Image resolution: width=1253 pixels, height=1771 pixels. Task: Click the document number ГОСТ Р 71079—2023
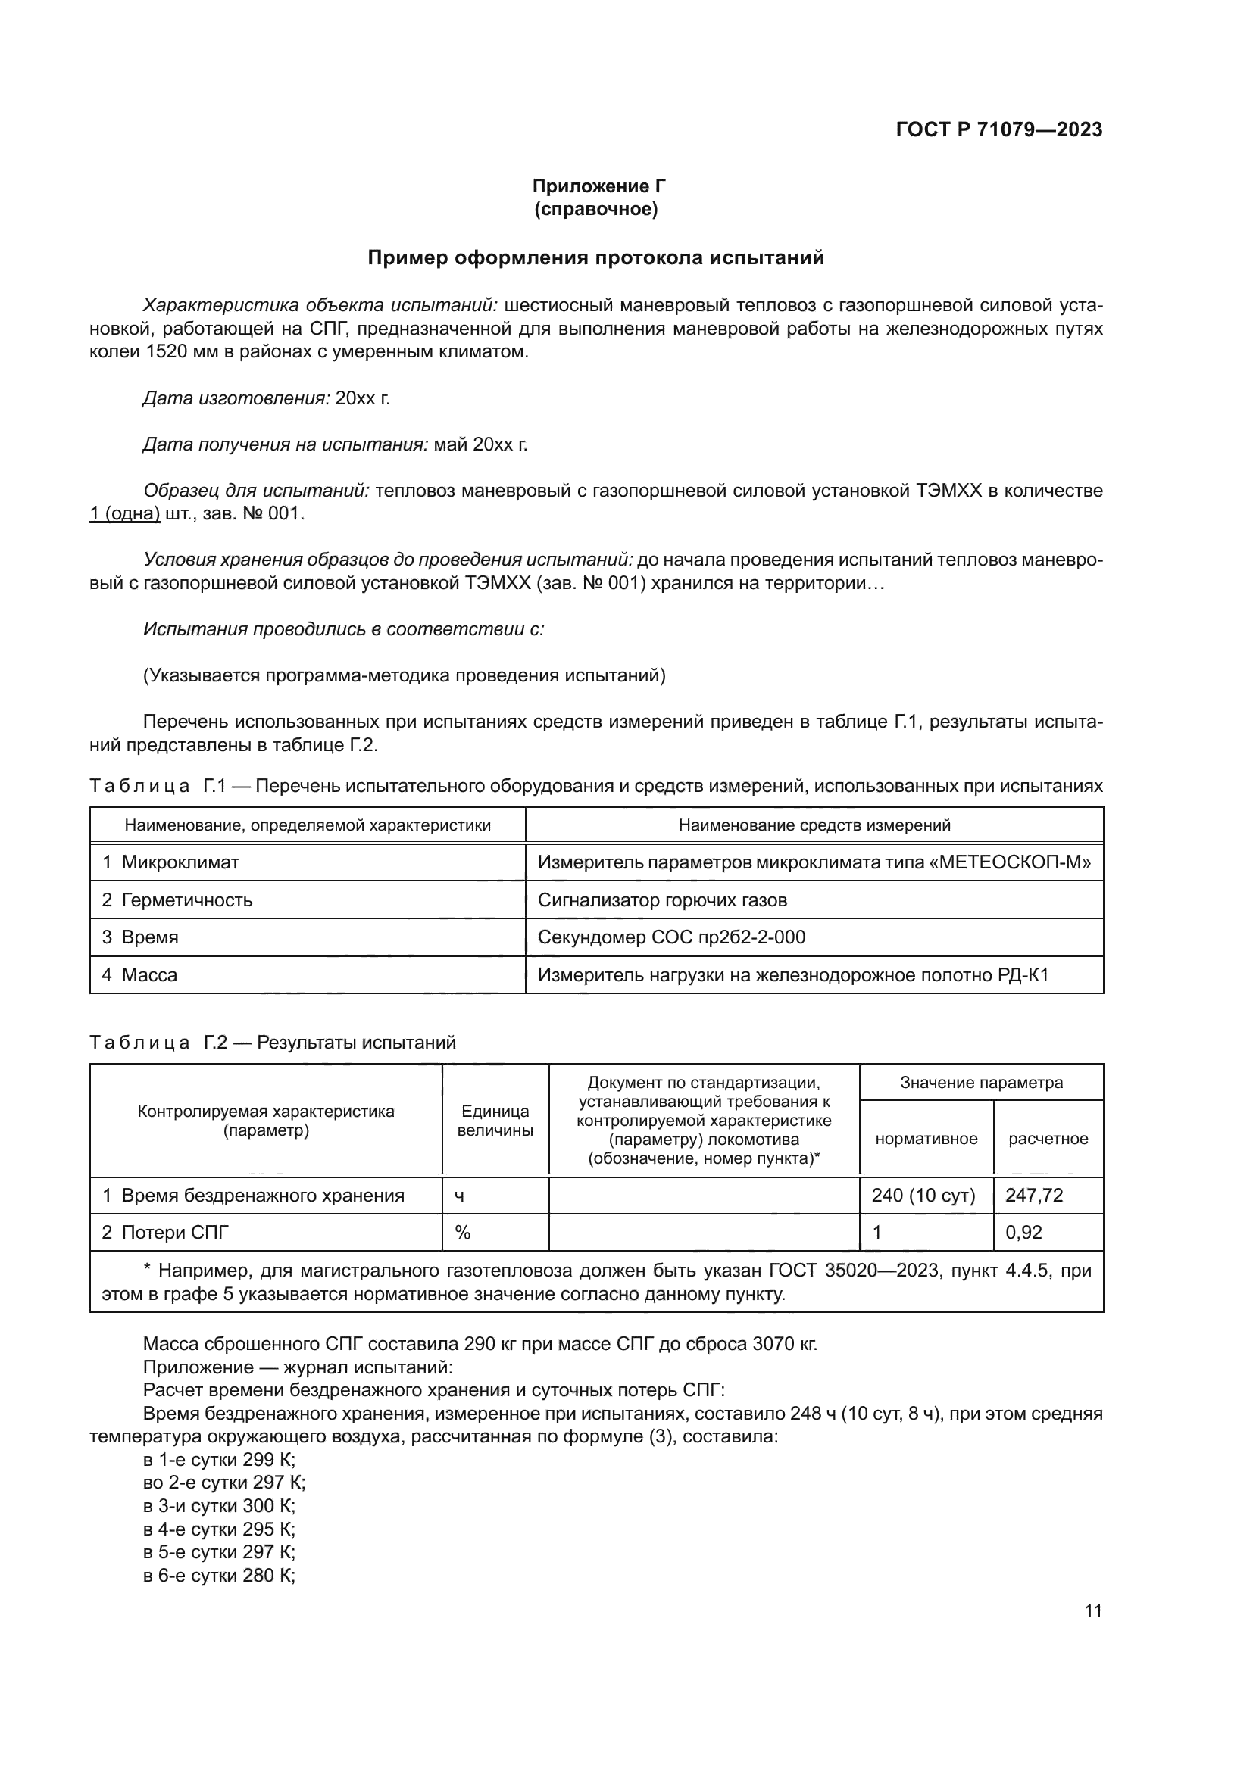click(998, 129)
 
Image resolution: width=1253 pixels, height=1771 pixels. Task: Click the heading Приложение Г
click(598, 186)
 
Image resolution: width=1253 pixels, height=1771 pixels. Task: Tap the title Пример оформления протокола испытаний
click(595, 257)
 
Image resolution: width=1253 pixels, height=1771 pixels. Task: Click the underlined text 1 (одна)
click(125, 513)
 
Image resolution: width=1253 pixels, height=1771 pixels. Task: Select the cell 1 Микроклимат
click(170, 862)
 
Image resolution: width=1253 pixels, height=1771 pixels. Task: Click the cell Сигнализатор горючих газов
click(662, 900)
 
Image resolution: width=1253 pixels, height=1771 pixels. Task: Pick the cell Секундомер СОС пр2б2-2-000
click(671, 937)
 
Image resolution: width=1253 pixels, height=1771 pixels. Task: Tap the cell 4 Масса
click(139, 975)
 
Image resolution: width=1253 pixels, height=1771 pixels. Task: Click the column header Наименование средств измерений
click(814, 825)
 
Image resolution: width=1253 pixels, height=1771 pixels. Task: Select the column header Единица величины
click(495, 1121)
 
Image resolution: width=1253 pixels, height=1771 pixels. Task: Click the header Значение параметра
click(980, 1082)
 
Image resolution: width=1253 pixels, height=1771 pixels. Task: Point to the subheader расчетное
click(1048, 1139)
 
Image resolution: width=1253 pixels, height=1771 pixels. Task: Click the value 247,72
click(1034, 1196)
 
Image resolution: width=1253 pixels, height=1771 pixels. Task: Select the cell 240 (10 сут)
click(923, 1196)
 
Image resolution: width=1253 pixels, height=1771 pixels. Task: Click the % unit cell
click(463, 1233)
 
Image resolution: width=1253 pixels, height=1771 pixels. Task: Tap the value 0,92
click(1024, 1233)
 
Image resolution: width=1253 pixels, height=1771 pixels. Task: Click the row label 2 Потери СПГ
click(165, 1233)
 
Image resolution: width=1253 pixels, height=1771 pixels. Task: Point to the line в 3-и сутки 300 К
click(219, 1506)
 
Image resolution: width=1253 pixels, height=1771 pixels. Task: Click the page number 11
click(1092, 1610)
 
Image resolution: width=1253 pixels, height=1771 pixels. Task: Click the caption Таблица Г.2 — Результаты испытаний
click(273, 1043)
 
